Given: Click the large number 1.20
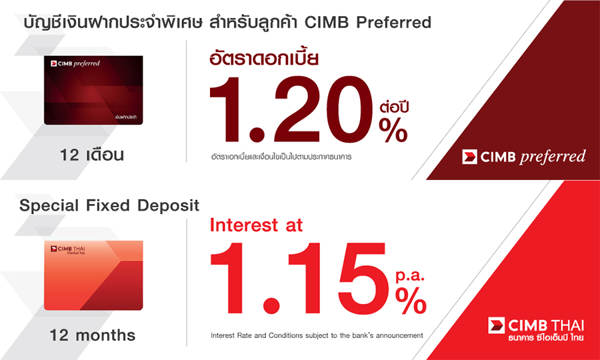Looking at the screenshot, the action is [291, 111].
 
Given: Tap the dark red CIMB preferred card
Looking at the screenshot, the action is [93, 90].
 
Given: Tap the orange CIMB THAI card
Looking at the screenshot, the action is [93, 275].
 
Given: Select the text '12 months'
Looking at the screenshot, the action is [93, 335].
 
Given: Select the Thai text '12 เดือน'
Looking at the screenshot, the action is [92, 155].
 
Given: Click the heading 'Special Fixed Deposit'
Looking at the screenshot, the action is [109, 205].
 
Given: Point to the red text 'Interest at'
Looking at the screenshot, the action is [257, 225].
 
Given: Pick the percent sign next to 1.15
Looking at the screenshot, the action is [411, 301].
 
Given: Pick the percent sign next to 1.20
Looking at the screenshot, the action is [393, 131].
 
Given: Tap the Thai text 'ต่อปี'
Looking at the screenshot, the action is [394, 107].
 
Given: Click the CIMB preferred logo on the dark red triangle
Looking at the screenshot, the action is [523, 157].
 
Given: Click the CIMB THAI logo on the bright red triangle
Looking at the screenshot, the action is [536, 330].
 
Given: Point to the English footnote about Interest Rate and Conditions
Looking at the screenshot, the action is [317, 335].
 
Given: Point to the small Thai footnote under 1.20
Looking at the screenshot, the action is [281, 157].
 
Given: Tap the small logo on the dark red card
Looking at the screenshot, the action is [75, 63].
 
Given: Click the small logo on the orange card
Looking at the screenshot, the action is [68, 250].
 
